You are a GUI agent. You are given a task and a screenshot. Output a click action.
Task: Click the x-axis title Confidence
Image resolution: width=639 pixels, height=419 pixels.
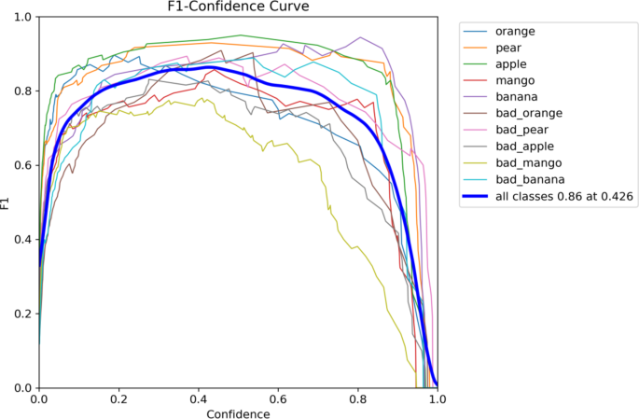[237, 412]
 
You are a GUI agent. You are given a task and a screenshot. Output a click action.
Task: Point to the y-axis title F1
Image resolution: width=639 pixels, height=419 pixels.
[8, 203]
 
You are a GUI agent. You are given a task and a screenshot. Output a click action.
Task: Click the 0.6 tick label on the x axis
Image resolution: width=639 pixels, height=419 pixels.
[277, 398]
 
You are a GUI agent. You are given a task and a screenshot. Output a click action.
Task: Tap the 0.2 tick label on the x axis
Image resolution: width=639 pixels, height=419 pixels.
[118, 398]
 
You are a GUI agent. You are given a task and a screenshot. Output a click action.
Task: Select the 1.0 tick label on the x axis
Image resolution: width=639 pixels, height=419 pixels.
[436, 398]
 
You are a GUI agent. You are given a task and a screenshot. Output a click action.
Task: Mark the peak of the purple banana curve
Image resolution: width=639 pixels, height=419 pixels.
[359, 38]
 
